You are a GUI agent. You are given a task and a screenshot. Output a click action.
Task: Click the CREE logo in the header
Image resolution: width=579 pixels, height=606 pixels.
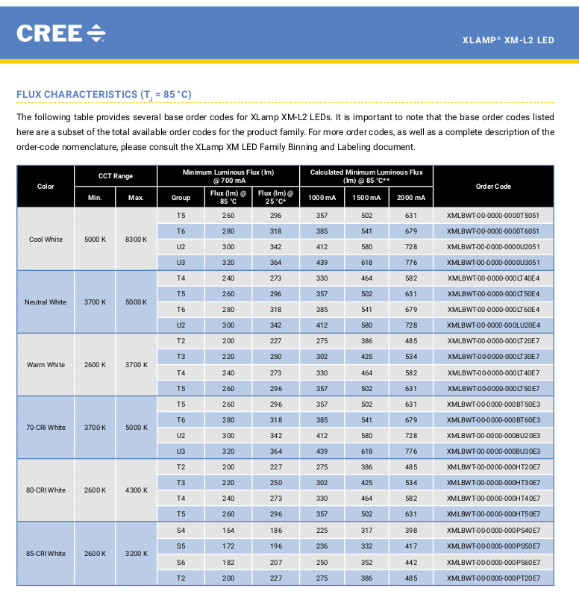point(61,33)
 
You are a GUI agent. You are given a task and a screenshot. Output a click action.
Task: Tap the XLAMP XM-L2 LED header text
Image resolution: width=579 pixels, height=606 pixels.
point(508,40)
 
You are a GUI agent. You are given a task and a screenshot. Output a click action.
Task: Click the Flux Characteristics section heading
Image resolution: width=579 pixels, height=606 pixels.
point(104,95)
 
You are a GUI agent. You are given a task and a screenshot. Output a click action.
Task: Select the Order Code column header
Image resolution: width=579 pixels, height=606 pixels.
point(493,187)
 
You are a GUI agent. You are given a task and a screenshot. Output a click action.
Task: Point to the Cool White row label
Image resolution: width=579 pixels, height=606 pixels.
point(46,240)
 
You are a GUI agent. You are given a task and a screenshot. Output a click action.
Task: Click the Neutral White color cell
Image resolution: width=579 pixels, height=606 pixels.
point(46,302)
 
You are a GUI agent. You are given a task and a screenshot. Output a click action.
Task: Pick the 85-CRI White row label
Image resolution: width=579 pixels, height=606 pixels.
point(46,554)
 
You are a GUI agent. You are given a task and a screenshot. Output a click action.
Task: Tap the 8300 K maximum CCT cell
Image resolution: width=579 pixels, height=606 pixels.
point(136,240)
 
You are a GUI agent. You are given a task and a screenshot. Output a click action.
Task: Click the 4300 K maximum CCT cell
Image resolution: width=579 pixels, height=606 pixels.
point(136,490)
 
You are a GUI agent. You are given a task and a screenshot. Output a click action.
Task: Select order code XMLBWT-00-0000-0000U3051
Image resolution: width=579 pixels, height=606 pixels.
point(493,263)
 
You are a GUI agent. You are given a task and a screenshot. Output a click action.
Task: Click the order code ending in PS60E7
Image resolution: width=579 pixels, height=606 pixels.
point(493,562)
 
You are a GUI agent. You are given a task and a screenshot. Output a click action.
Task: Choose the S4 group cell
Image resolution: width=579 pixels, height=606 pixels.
point(181,530)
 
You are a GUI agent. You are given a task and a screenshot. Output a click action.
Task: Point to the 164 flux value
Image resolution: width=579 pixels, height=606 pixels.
point(228,530)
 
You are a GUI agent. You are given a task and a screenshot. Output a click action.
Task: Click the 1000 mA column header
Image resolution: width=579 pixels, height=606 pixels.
point(322,198)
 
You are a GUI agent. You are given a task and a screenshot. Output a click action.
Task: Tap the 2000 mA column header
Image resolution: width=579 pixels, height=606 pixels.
point(411,198)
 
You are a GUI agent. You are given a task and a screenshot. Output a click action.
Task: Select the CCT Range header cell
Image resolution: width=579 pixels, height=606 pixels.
point(116,176)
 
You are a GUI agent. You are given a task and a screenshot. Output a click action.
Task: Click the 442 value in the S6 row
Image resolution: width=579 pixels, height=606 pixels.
point(411,562)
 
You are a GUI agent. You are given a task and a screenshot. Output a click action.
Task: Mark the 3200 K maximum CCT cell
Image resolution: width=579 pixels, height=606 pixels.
point(136,554)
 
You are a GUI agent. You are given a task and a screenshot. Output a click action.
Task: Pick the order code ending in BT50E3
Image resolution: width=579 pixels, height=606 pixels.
point(493,404)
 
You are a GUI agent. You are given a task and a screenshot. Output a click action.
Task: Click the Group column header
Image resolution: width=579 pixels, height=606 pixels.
point(181,198)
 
